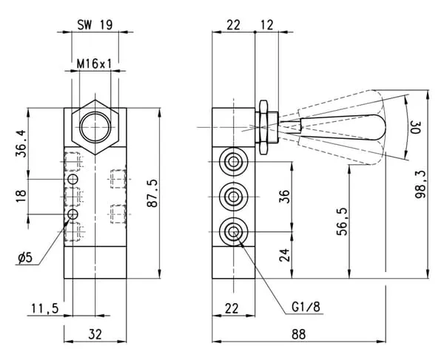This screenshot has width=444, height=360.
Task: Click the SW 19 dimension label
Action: tap(95, 24)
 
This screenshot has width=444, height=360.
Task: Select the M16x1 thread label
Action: tap(94, 64)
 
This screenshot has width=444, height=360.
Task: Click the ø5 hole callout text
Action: tap(24, 257)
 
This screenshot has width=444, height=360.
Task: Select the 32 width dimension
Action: tap(95, 333)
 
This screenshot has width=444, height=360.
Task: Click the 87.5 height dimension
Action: tap(152, 193)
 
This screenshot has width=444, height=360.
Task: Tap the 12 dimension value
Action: tap(266, 24)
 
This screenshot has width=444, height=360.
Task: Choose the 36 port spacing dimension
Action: tap(286, 197)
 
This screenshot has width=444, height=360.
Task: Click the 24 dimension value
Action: tap(286, 256)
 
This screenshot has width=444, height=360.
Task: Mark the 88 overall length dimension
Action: tap(299, 333)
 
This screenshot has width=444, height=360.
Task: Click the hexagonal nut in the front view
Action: tap(94, 125)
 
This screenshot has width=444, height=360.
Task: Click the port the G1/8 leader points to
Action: tap(234, 232)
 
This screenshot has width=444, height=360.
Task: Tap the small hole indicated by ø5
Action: tap(73, 214)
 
